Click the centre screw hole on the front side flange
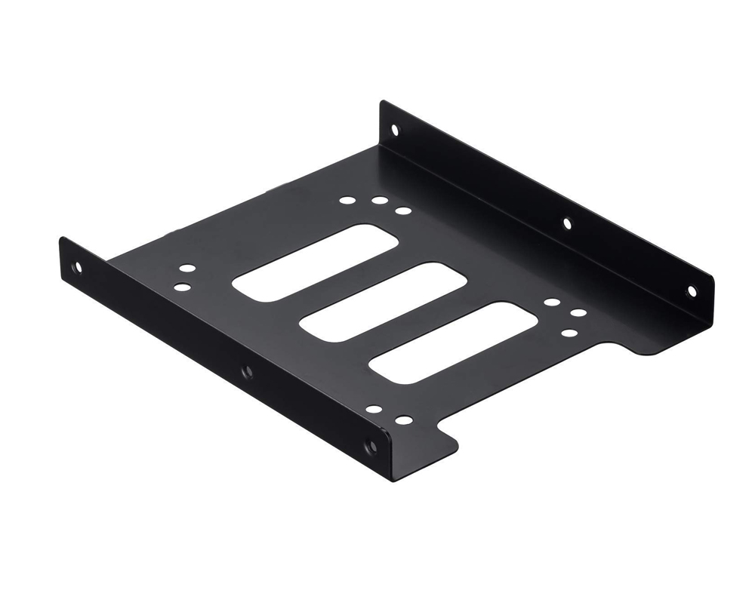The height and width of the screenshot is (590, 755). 244,370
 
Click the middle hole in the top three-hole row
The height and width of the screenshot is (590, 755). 377,203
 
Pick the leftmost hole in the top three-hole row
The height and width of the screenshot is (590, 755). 348,201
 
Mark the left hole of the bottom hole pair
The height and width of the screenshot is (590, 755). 374,411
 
